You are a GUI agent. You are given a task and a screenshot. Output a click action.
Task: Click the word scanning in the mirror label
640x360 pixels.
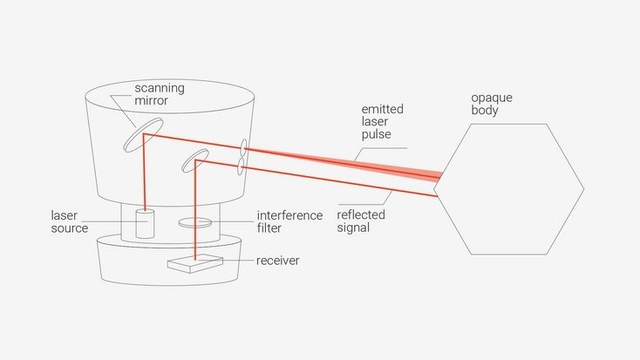(160, 89)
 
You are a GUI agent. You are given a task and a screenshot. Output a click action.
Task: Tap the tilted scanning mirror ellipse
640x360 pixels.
(143, 135)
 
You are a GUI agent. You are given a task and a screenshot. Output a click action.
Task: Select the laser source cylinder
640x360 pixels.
(145, 224)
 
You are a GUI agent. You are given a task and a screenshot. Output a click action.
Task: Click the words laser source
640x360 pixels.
(70, 221)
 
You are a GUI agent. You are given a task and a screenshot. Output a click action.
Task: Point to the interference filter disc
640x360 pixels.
(195, 222)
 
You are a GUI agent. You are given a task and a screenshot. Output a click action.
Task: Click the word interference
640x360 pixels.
(289, 215)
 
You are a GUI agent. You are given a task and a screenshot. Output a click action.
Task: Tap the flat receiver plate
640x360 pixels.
(195, 263)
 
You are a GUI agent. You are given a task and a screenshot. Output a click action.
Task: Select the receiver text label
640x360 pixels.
(277, 261)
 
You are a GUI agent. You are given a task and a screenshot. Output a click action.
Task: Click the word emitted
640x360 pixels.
(383, 109)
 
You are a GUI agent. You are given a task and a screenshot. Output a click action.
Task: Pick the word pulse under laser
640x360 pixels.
(377, 135)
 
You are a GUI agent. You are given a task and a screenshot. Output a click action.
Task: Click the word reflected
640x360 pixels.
(361, 214)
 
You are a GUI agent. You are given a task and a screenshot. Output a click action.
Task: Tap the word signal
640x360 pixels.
(353, 228)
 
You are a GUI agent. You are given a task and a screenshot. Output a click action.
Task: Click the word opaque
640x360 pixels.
(492, 98)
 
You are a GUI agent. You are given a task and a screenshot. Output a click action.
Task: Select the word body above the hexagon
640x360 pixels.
(485, 110)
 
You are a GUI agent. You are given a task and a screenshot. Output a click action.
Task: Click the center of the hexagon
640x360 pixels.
(508, 189)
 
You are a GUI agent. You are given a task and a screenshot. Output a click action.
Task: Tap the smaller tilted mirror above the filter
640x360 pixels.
(195, 160)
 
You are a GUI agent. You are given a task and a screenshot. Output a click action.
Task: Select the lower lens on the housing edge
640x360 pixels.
(241, 166)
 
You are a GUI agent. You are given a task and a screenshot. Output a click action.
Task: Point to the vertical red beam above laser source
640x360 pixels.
(145, 173)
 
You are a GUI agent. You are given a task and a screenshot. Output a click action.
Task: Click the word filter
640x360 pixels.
(269, 228)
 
